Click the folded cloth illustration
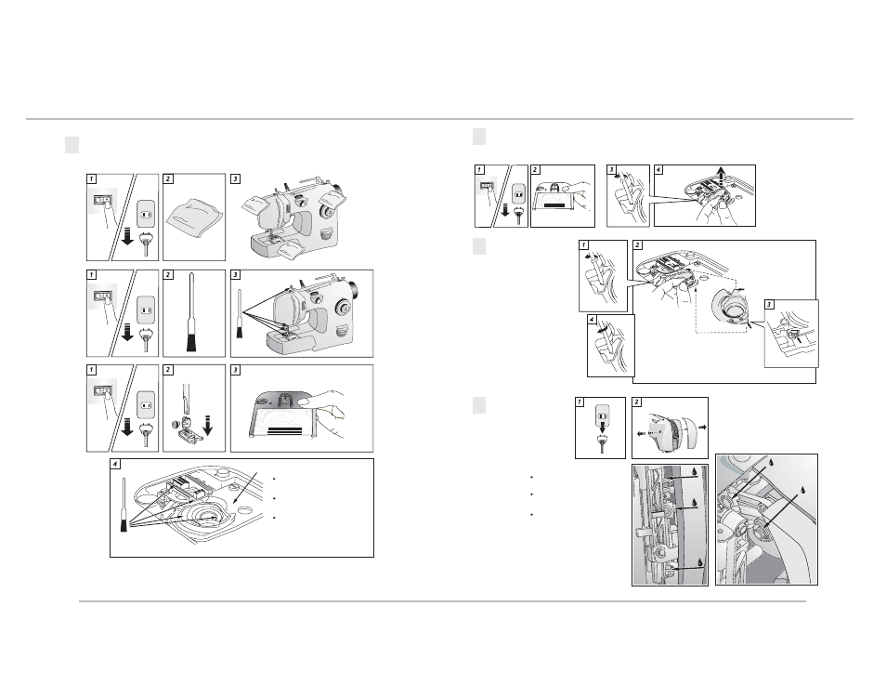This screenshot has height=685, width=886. pos(195,218)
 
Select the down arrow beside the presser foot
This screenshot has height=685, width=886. pos(208,426)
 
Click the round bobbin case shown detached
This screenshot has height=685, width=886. pos(734,309)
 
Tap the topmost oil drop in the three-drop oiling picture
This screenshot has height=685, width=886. pos(694,472)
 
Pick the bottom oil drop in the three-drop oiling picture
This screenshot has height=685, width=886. pos(700,562)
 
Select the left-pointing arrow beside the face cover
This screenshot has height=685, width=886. pos(643,434)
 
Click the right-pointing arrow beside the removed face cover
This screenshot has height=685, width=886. pos(701,428)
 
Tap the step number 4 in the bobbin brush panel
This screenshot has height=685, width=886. pos(115,465)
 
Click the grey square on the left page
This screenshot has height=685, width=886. pos(72,145)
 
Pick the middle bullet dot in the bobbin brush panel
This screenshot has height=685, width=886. pos(273,498)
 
